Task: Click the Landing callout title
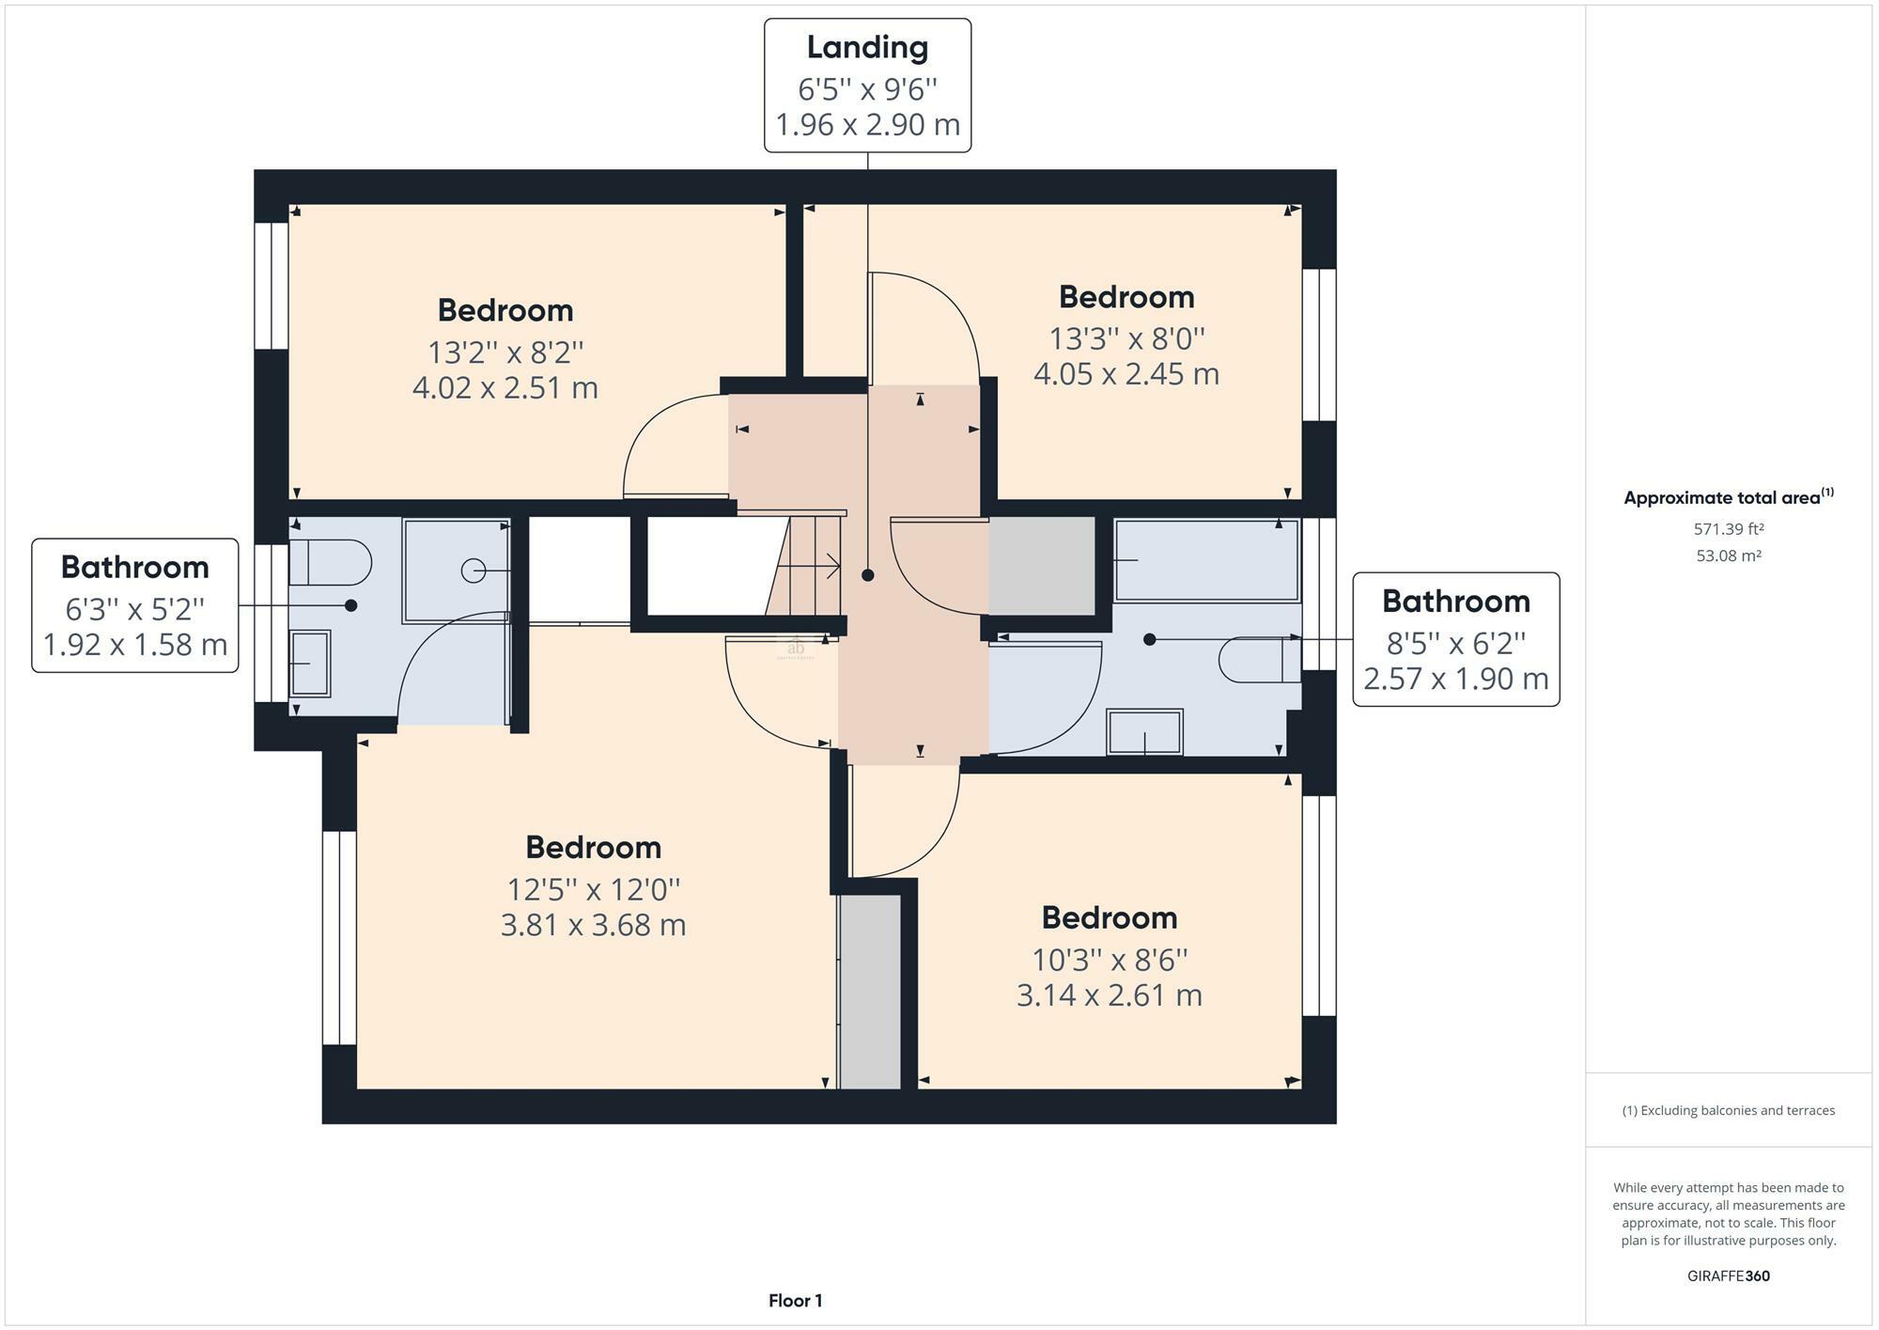point(867,47)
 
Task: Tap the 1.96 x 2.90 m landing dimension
point(867,124)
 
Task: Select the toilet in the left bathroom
point(330,563)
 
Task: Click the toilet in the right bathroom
point(1260,660)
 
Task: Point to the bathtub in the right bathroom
point(1207,560)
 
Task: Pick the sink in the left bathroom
point(310,664)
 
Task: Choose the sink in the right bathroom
point(1144,732)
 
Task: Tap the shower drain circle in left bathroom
point(474,571)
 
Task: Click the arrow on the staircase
point(808,566)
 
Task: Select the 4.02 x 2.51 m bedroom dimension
point(505,387)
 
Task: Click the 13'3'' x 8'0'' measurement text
point(1126,337)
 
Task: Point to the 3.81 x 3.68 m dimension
point(593,925)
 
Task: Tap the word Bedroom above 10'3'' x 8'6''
point(1109,917)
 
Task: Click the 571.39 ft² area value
point(1729,529)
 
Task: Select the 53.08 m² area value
point(1729,555)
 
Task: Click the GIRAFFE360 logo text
point(1729,1275)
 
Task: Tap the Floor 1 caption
point(795,1301)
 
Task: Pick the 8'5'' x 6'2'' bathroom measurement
point(1456,643)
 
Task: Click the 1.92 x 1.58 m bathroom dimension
point(135,645)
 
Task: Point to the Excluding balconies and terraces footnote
point(1729,1110)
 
